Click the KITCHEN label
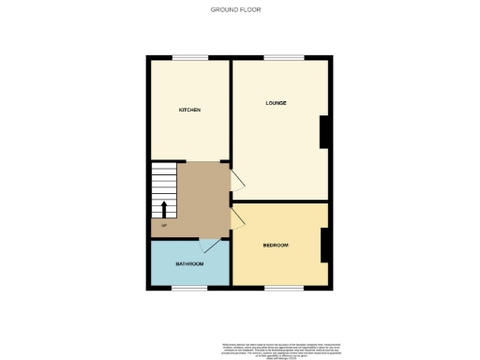click(x=189, y=110)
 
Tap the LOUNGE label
click(x=276, y=102)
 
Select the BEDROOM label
click(x=276, y=246)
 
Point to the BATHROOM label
click(x=189, y=264)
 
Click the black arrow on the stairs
click(x=165, y=209)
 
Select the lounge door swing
click(x=239, y=180)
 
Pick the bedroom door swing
click(x=239, y=217)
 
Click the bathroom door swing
click(x=217, y=246)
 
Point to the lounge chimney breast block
click(x=324, y=131)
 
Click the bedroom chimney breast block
click(x=324, y=246)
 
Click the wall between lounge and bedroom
click(x=281, y=202)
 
